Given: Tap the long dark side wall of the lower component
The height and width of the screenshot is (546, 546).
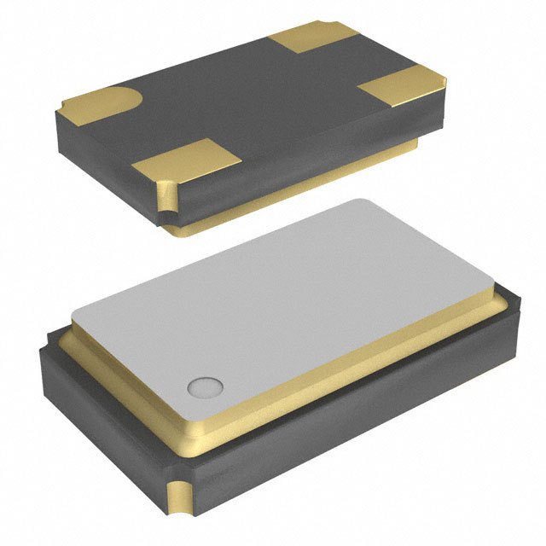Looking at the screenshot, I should [358, 427].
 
